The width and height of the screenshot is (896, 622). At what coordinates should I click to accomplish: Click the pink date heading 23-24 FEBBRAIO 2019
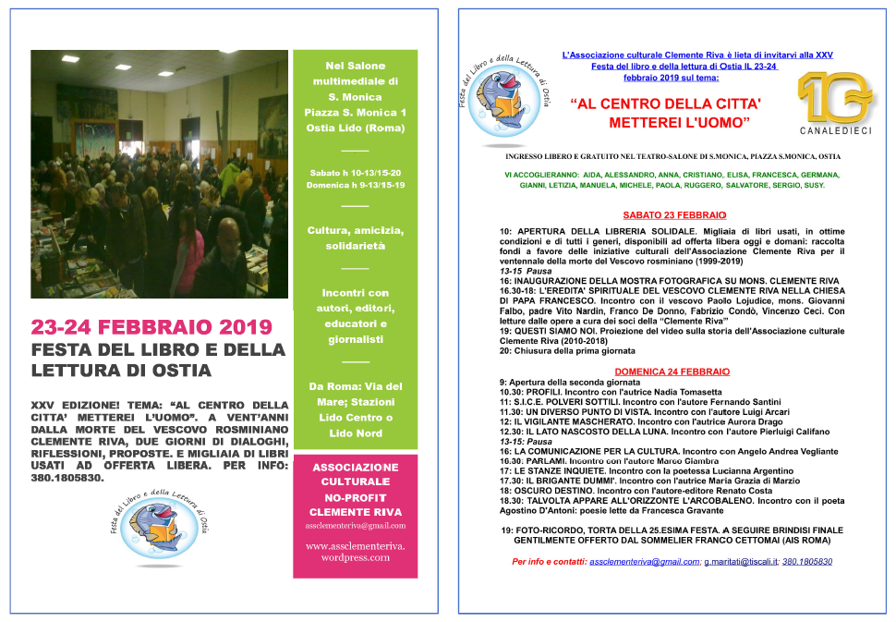151,327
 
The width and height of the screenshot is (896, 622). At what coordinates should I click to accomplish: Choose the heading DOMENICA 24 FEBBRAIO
672,372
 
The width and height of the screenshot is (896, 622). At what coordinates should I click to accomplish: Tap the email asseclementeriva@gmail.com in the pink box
355,525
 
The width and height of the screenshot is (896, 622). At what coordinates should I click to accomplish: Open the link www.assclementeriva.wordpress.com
355,552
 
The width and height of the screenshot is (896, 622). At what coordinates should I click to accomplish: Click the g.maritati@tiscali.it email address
741,562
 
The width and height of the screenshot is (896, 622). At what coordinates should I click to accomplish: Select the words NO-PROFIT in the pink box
355,496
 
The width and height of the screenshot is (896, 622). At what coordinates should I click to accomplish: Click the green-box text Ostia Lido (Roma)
355,128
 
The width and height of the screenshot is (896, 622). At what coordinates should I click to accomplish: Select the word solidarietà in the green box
355,247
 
